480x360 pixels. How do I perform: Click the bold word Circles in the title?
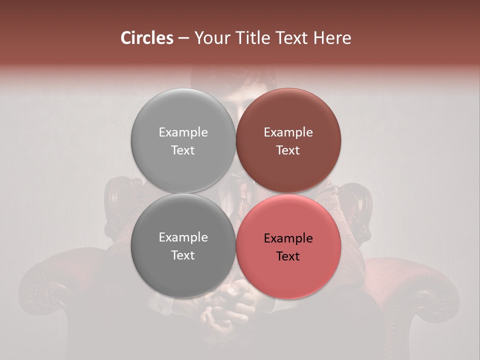coord(146,38)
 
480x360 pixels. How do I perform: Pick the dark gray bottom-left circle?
coord(183,272)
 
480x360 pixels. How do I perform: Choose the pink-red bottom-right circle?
coord(288,275)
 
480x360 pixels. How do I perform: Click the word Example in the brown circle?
coord(288,132)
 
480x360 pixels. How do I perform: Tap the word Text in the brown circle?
coord(288,150)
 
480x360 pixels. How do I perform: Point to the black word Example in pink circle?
coord(288,238)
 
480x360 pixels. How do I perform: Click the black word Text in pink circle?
coord(288,256)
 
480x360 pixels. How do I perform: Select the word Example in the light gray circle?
coord(183,132)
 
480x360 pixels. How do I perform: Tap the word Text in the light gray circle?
coord(183,150)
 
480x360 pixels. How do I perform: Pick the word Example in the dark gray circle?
coord(183,237)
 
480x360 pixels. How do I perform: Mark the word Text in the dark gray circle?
coord(183,255)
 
